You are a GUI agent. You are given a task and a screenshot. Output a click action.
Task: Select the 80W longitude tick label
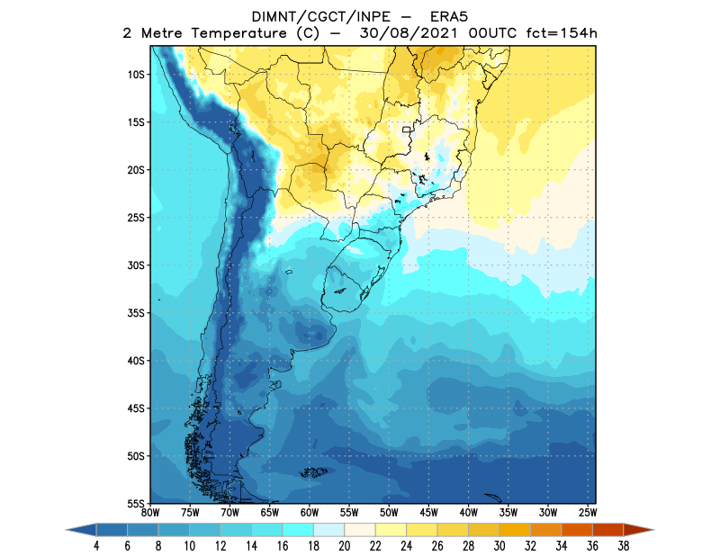tap(150, 512)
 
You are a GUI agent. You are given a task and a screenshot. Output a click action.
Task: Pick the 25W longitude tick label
tap(587, 512)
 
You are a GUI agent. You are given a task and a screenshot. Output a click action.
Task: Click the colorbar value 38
tap(624, 545)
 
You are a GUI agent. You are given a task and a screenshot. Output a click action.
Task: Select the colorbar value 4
tap(95, 545)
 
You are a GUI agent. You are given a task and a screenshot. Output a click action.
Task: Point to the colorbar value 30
tap(499, 545)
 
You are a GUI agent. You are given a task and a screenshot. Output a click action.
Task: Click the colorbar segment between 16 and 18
tap(299, 530)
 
